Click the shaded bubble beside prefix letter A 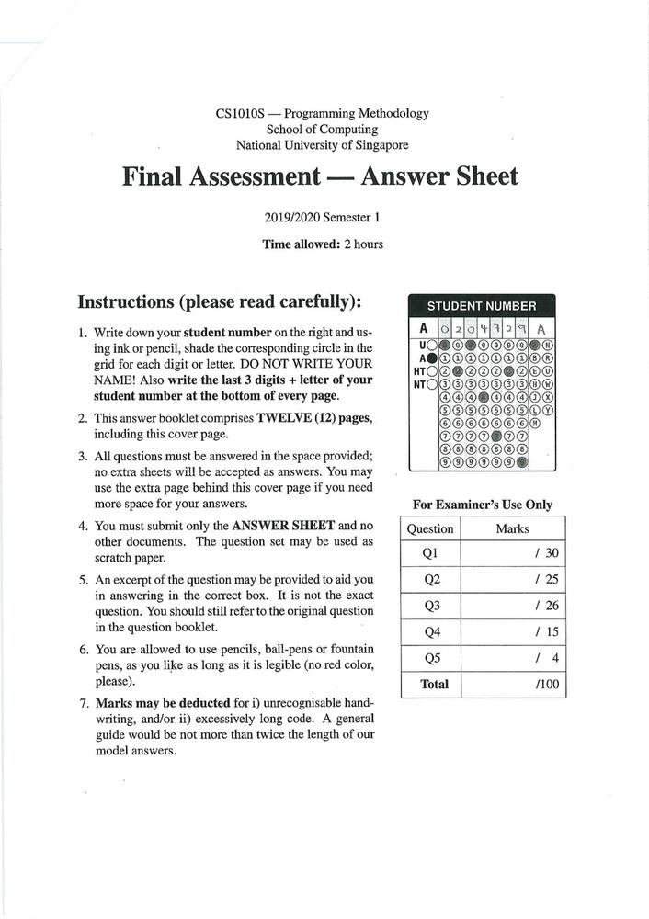click(x=430, y=357)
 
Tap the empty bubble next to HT click(x=430, y=371)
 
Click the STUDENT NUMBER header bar click(x=481, y=305)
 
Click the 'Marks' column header click(x=512, y=528)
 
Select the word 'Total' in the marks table click(x=434, y=684)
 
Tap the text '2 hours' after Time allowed click(x=363, y=244)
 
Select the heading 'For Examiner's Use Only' click(x=483, y=505)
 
